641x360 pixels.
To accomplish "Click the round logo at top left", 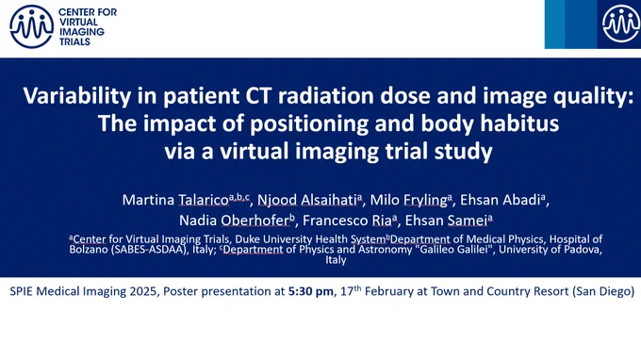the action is pos(31,26).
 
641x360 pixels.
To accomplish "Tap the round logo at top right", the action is pos(621,25).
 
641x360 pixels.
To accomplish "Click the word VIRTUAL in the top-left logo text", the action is pos(78,22).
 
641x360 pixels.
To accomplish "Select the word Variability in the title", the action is pos(77,96).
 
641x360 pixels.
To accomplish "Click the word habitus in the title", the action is pos(519,123).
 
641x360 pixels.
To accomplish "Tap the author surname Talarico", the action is pos(204,200).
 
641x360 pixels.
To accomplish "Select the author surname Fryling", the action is pos(425,200).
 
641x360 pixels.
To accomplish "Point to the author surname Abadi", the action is pos(520,200).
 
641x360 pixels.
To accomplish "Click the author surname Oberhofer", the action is pos(255,221).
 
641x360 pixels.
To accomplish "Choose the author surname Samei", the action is pos(468,221).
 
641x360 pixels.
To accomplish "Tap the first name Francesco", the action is pos(335,221).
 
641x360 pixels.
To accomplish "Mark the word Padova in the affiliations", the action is pos(583,249).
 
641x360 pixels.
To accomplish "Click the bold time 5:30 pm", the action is pos(311,291).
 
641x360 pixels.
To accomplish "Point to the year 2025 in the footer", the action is pos(144,291).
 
